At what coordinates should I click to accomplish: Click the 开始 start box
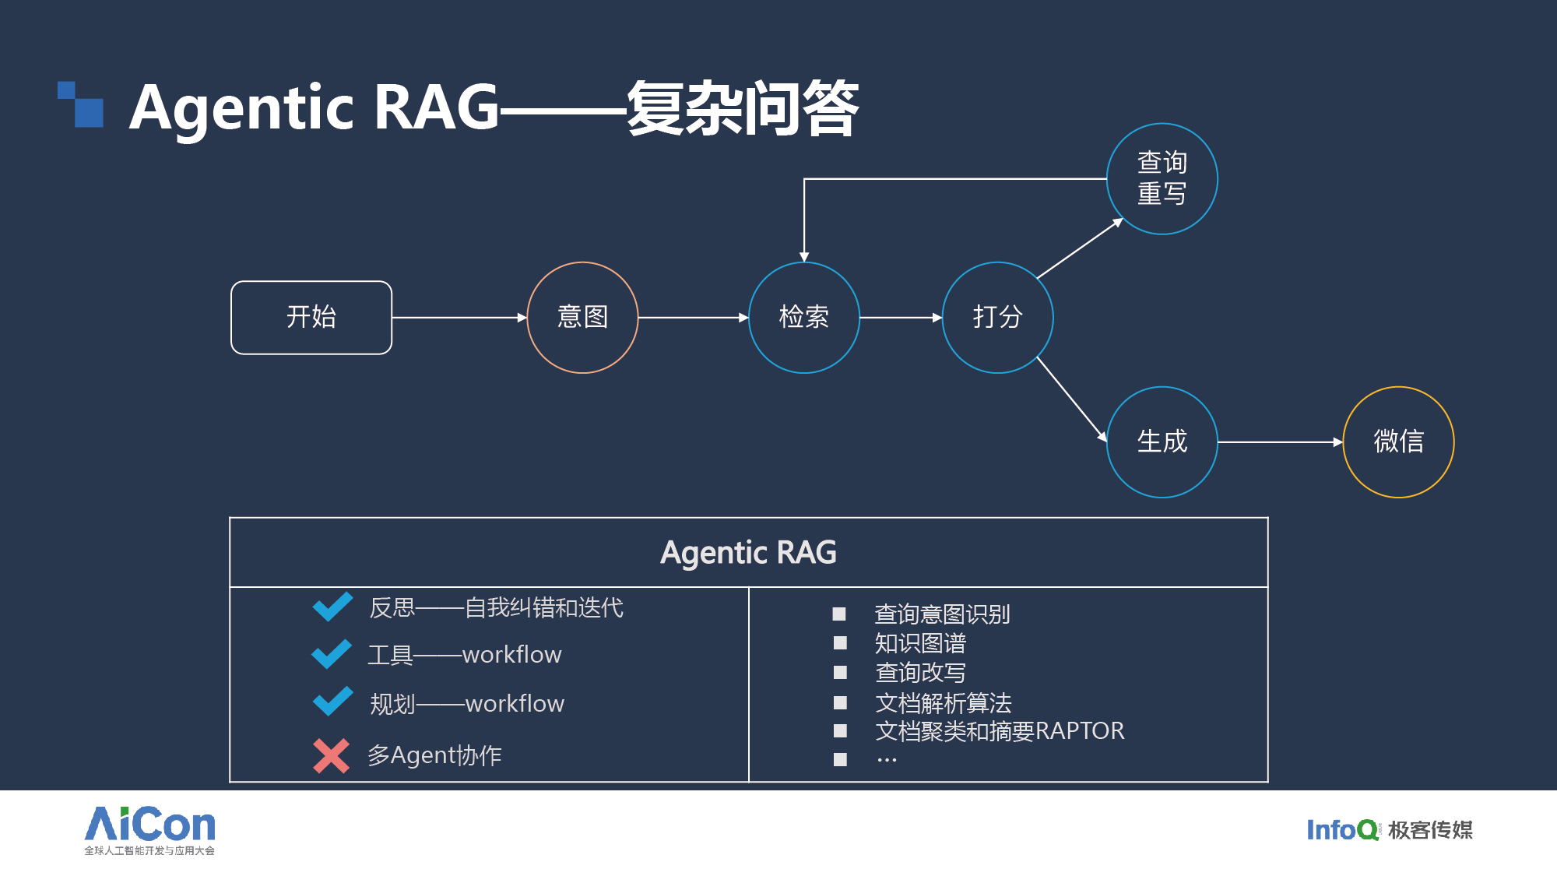pyautogui.click(x=311, y=318)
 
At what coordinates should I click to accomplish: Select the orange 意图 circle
pyautogui.click(x=582, y=318)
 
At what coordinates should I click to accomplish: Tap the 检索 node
pyautogui.click(x=803, y=318)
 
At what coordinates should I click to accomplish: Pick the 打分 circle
pyautogui.click(x=997, y=318)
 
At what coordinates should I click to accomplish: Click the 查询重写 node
pyautogui.click(x=1162, y=179)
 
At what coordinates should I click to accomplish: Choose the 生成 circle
pyautogui.click(x=1162, y=442)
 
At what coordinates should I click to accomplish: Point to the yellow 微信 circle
pyautogui.click(x=1398, y=442)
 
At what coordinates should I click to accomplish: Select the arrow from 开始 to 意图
pyautogui.click(x=459, y=318)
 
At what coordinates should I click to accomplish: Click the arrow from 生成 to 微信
pyautogui.click(x=1281, y=442)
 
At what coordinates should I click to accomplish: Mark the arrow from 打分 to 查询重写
pyautogui.click(x=1080, y=248)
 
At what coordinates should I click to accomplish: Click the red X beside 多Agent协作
pyautogui.click(x=331, y=755)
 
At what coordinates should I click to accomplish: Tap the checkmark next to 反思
pyautogui.click(x=332, y=607)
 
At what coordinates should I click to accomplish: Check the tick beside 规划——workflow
pyautogui.click(x=332, y=702)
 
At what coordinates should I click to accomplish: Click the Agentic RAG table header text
pyautogui.click(x=748, y=553)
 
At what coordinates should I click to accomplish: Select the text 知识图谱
pyautogui.click(x=920, y=643)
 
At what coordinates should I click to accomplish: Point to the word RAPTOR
pyautogui.click(x=1080, y=731)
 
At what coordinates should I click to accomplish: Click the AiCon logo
pyautogui.click(x=149, y=830)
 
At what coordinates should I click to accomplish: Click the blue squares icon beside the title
pyautogui.click(x=81, y=104)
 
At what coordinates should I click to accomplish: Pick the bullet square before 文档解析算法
pyautogui.click(x=840, y=702)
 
